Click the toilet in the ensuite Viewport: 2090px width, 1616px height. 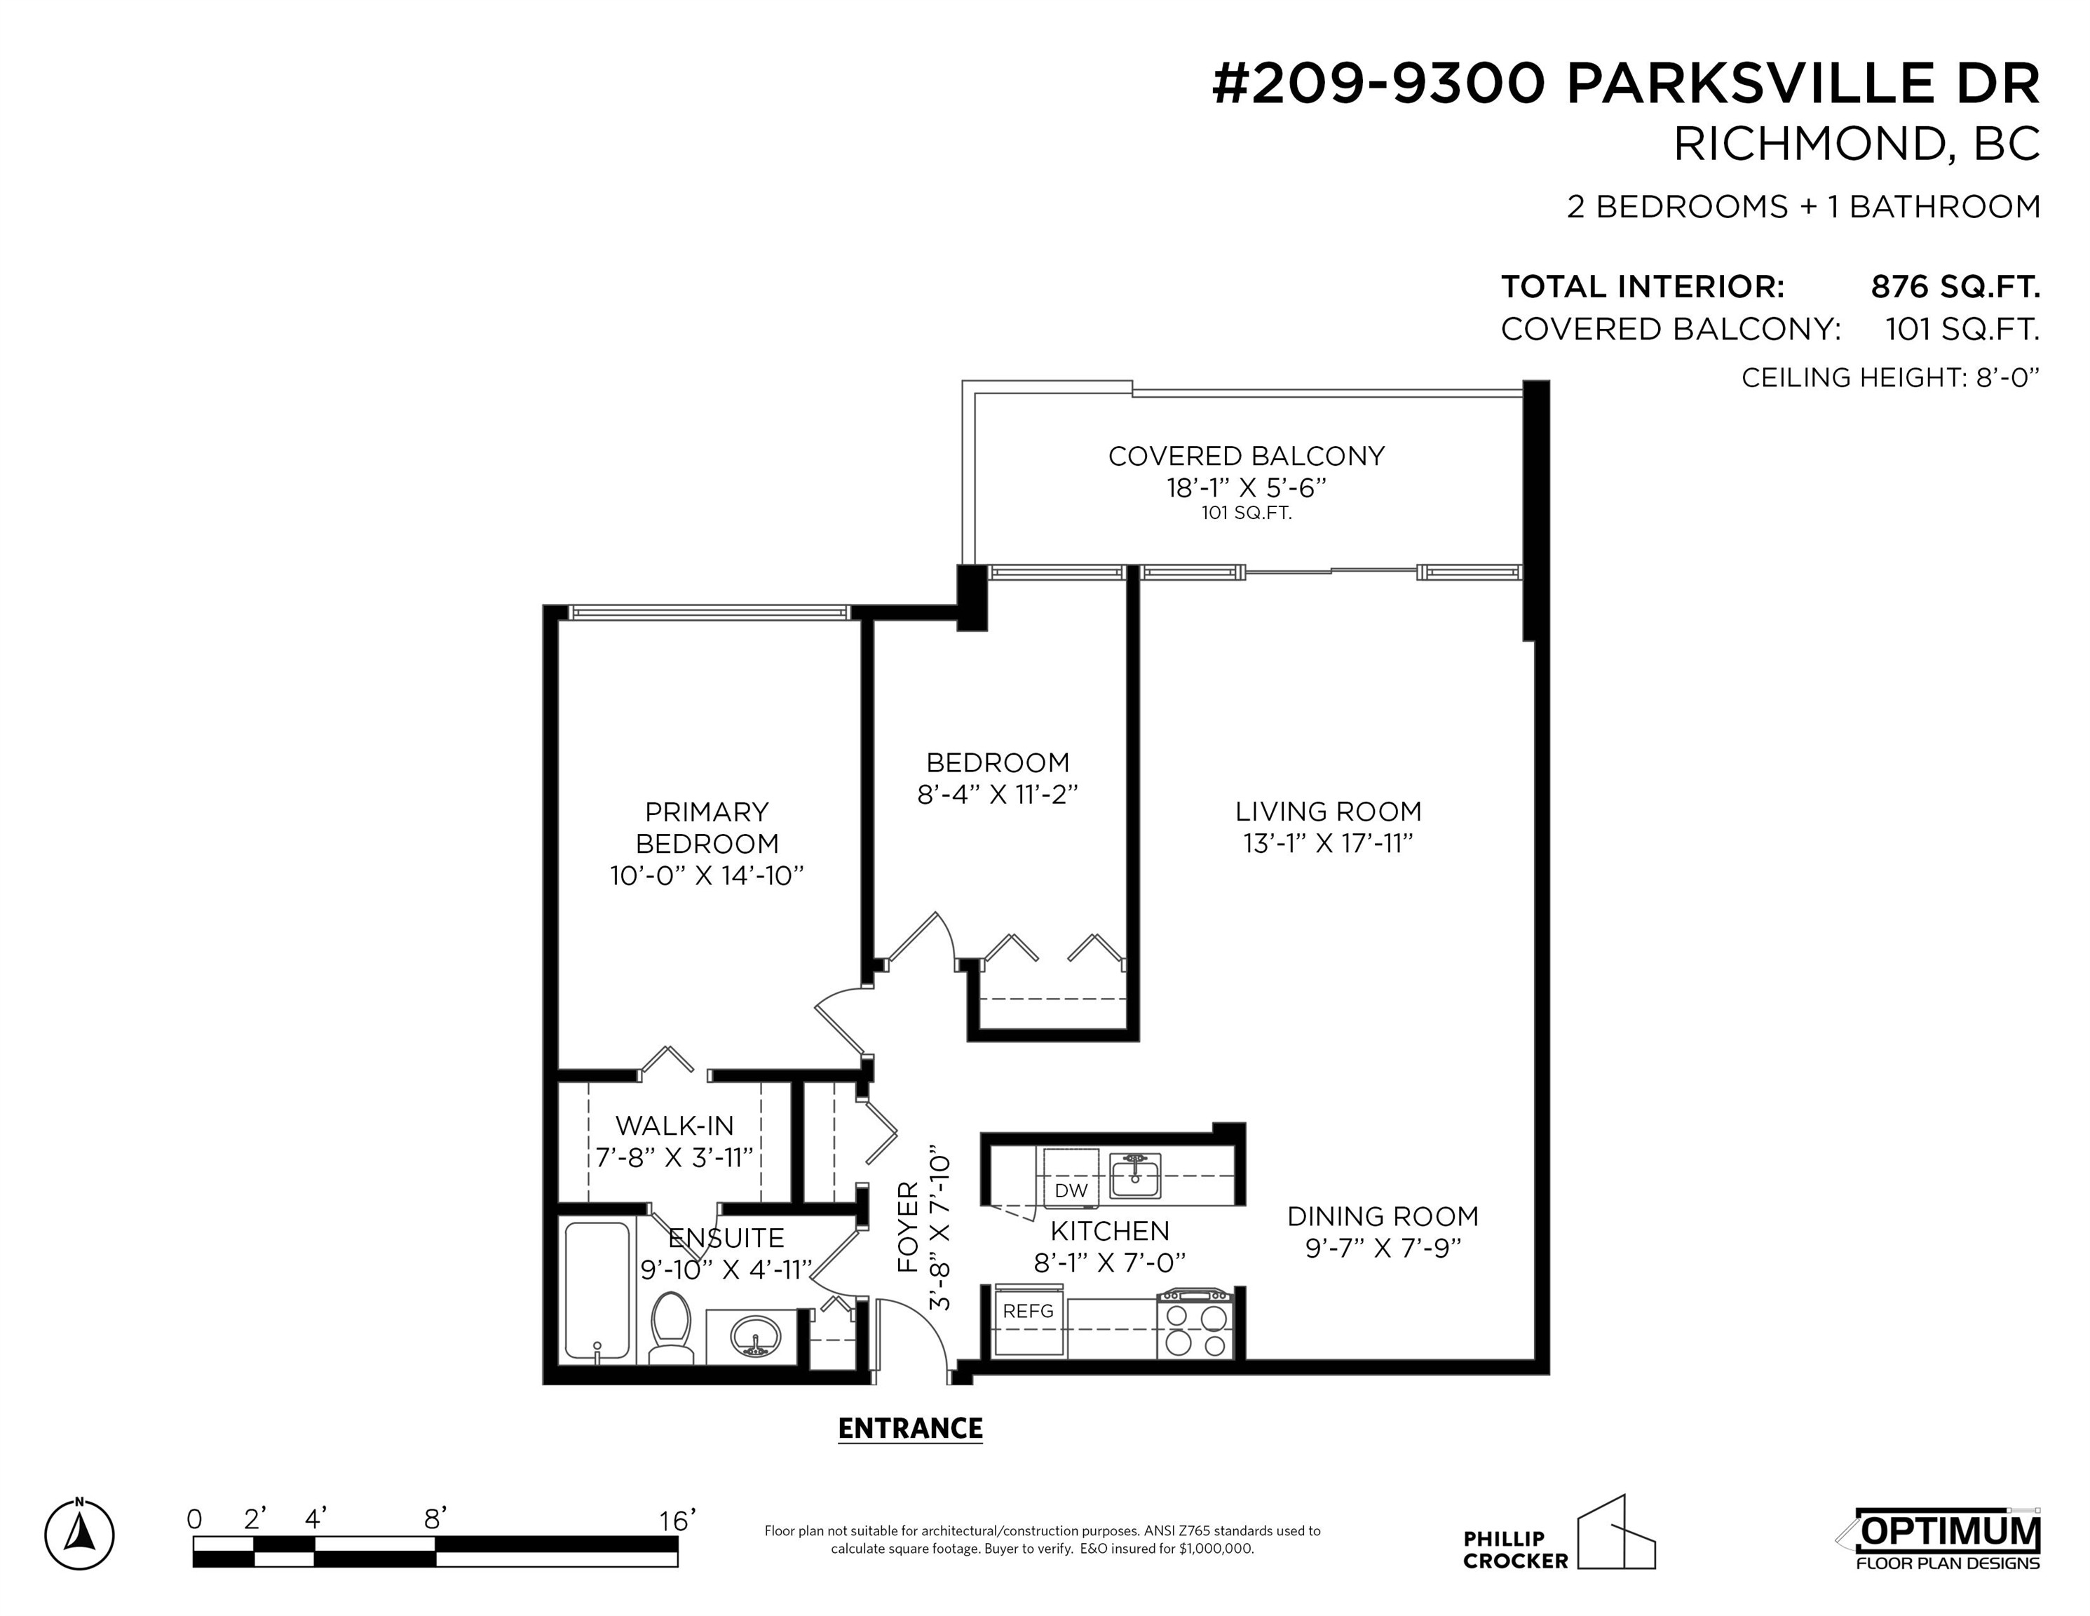(x=671, y=1327)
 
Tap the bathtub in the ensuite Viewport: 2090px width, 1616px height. (x=597, y=1290)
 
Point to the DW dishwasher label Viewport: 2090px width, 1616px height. (x=1071, y=1191)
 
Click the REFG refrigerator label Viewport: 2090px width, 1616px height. (x=1028, y=1311)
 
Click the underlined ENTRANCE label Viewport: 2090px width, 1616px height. (x=910, y=1428)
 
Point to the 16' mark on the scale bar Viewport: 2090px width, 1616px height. (x=677, y=1521)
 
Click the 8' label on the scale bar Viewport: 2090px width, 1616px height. (x=435, y=1519)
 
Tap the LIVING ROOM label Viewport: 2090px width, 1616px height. (x=1329, y=812)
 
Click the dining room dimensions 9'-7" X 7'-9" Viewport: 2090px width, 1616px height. (x=1383, y=1248)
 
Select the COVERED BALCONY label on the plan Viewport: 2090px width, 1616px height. (x=1246, y=456)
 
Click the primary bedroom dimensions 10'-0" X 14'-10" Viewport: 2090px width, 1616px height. (x=706, y=876)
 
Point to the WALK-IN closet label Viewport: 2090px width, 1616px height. (x=674, y=1125)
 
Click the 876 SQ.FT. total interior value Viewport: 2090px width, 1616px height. (x=1955, y=286)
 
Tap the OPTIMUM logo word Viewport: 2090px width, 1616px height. (x=1948, y=1532)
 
